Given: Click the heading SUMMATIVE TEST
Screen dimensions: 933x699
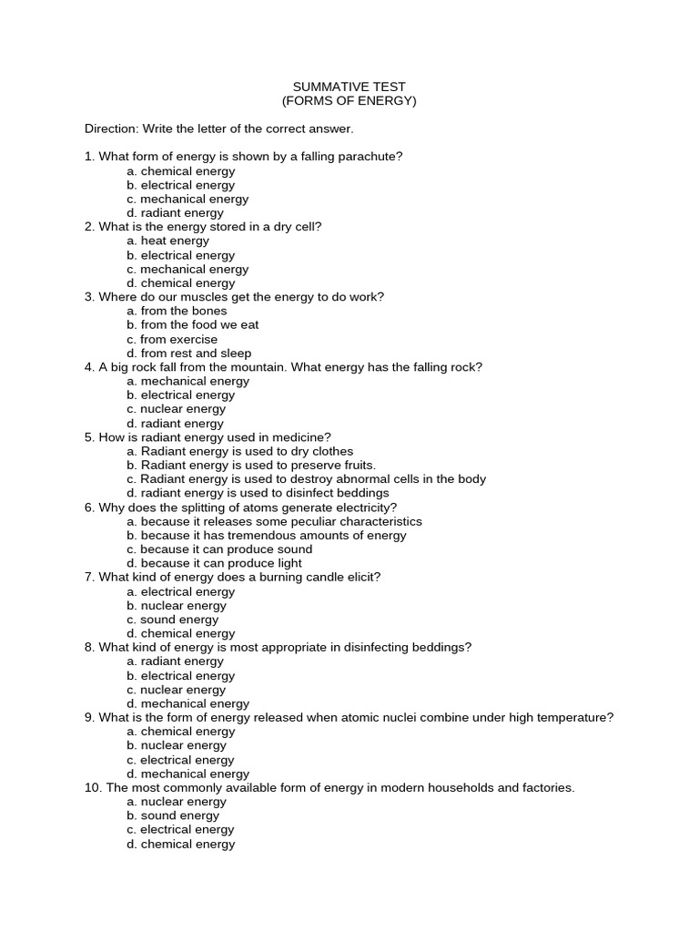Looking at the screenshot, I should (349, 87).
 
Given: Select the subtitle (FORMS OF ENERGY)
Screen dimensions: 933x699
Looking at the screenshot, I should (349, 101).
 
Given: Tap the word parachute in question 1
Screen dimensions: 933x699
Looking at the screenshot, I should (373, 157).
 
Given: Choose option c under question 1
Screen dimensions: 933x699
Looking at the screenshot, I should (187, 199).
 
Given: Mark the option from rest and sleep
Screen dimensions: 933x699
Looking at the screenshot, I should (189, 354).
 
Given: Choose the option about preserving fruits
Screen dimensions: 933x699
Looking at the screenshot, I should (251, 466).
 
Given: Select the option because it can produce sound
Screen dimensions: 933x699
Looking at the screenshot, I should (219, 549).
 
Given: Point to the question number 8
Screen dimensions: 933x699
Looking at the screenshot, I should (89, 648).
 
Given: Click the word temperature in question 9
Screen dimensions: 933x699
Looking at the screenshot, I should (577, 718).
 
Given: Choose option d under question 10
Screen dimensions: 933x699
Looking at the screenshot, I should (180, 845).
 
